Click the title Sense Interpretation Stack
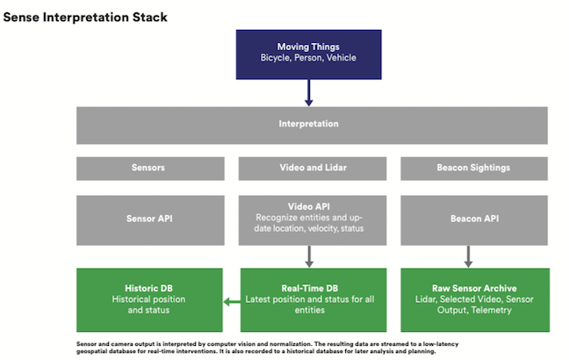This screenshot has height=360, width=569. (85, 17)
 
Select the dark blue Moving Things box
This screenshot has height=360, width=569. (308, 54)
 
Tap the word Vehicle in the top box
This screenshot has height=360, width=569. (341, 58)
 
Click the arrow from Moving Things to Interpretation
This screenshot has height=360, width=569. (309, 92)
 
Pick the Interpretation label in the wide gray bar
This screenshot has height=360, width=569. (308, 124)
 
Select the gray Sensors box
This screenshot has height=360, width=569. (150, 169)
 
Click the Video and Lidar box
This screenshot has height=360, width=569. (313, 169)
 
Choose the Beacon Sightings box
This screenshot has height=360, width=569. (474, 169)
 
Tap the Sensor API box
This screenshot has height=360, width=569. (150, 220)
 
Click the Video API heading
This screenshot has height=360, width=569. (309, 206)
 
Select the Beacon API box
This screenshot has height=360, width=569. (474, 220)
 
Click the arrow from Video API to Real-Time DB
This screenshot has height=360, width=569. (309, 256)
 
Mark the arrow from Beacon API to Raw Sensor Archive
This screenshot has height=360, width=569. (468, 256)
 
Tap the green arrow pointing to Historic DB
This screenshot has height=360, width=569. (232, 301)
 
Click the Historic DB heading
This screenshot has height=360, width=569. (148, 288)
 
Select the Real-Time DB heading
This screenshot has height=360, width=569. (310, 288)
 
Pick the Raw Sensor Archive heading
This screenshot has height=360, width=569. (474, 288)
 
